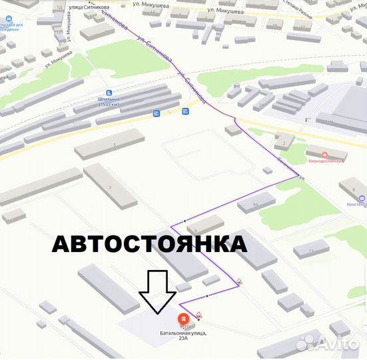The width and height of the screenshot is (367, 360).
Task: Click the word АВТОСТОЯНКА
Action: pyautogui.click(x=149, y=244)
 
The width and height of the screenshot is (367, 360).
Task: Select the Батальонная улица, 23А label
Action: pyautogui.click(x=183, y=335)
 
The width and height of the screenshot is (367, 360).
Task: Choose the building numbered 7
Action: pyautogui.click(x=109, y=187)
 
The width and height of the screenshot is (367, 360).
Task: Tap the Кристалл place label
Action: pyautogui.click(x=356, y=205)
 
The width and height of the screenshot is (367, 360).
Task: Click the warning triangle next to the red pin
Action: pyautogui.click(x=198, y=315)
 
